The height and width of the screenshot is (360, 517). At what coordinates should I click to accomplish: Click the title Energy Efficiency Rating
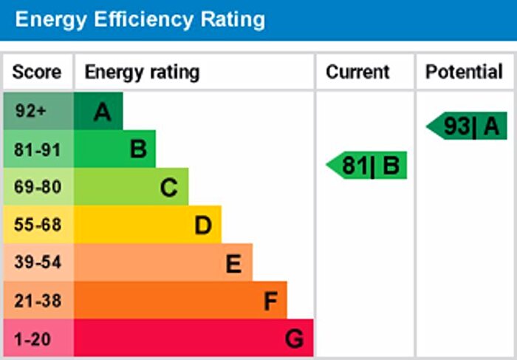click(140, 19)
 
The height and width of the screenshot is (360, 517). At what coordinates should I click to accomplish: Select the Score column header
click(36, 72)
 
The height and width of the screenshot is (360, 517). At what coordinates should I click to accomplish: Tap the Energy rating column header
click(142, 72)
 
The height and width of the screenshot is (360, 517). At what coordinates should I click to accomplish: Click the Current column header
click(357, 72)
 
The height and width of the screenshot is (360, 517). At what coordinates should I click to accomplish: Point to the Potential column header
click(464, 72)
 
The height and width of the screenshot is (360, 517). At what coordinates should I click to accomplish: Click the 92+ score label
click(31, 112)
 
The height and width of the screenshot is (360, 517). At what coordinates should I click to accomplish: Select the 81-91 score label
click(37, 149)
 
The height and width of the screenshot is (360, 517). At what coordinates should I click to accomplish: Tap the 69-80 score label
click(37, 187)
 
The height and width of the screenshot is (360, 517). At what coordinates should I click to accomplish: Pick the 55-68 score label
click(37, 225)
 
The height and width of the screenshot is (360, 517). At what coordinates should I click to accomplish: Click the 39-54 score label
click(37, 263)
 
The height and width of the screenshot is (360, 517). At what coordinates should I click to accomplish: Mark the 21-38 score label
click(37, 301)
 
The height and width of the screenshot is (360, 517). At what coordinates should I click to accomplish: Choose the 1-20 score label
click(33, 339)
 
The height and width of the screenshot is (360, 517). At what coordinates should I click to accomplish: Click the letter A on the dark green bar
click(103, 112)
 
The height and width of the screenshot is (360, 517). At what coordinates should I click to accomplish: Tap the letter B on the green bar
click(138, 150)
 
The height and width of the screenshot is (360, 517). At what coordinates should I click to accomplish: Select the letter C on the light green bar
click(169, 188)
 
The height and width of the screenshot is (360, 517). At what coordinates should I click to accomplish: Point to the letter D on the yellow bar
click(203, 225)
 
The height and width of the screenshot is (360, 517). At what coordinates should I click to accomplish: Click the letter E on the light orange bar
click(234, 263)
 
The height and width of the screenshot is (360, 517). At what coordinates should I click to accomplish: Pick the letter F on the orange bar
click(270, 302)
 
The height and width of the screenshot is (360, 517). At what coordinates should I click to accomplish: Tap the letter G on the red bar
click(294, 339)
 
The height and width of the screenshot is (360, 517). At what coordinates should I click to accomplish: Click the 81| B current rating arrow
click(368, 166)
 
